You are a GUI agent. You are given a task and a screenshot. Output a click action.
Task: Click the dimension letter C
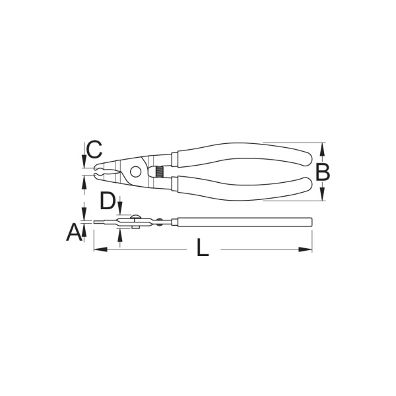tap(94, 149)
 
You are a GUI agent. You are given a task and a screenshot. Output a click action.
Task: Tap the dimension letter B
tap(323, 172)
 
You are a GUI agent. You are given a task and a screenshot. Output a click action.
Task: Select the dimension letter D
tap(108, 201)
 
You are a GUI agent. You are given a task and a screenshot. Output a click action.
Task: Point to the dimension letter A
tap(74, 232)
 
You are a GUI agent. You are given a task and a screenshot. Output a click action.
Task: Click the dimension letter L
tap(203, 247)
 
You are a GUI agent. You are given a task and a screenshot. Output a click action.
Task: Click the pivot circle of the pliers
tap(136, 172)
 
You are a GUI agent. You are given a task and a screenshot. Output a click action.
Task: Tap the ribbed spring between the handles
tap(160, 172)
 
